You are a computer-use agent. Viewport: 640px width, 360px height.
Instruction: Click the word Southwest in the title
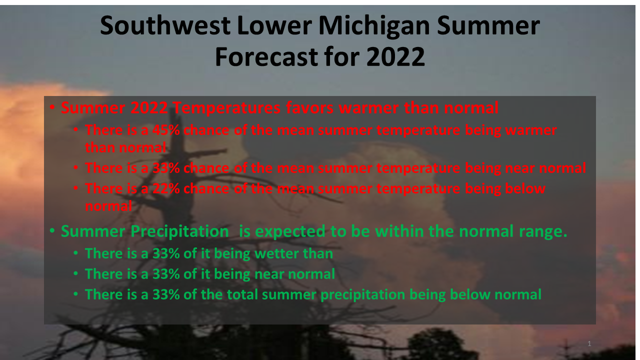tap(165, 25)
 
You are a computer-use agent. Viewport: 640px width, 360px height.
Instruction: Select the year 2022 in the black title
tap(395, 56)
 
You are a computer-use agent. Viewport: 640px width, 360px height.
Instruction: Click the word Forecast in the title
tap(267, 56)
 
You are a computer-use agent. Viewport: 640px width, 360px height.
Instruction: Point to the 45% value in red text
tap(166, 130)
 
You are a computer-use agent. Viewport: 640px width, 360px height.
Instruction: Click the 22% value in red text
tap(166, 188)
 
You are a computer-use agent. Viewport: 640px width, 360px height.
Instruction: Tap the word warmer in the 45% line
tap(531, 130)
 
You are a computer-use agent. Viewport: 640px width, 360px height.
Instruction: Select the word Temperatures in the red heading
tap(226, 107)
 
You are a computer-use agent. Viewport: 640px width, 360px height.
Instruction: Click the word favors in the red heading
tap(309, 107)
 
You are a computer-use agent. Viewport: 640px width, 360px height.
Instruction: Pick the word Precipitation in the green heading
tap(179, 231)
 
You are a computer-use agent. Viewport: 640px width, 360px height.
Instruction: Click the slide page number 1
tap(589, 343)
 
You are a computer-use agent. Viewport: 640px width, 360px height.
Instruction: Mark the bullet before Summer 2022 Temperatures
tap(52, 107)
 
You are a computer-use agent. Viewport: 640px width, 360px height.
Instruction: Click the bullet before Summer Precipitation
tap(52, 230)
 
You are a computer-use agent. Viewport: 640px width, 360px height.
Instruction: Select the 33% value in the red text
tap(166, 168)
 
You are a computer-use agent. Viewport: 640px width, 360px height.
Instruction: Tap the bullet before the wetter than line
tap(75, 253)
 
